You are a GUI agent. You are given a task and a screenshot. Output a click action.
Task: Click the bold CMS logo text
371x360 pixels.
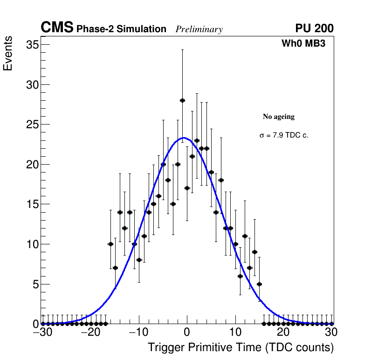(x=57, y=28)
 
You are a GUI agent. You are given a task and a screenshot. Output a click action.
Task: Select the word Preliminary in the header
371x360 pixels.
(x=199, y=29)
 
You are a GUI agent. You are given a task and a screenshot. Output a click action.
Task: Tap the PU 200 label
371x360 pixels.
(x=314, y=28)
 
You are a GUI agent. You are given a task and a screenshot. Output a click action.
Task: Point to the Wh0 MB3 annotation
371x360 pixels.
(x=303, y=44)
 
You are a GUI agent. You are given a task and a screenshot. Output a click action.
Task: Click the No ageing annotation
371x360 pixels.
(x=279, y=117)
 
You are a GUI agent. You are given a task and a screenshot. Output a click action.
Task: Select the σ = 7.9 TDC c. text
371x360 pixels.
(x=284, y=136)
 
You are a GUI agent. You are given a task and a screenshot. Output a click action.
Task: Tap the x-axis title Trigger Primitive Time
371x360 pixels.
(x=240, y=347)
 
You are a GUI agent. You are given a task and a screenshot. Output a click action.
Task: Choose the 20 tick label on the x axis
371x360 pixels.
(x=283, y=332)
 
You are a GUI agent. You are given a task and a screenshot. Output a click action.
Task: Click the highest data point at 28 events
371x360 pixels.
(x=182, y=100)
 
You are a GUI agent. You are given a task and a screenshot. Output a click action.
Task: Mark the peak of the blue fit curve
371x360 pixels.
(x=184, y=138)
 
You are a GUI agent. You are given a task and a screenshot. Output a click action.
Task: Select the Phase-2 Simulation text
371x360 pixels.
(x=121, y=29)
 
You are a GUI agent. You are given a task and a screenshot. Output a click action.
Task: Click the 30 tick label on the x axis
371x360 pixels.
(x=331, y=332)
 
